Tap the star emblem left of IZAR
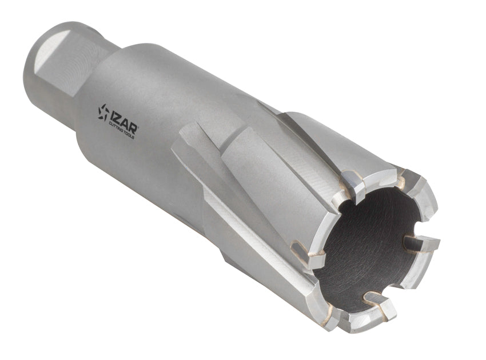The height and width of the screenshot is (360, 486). click(103, 112)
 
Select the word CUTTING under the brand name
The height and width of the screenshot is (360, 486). click(116, 127)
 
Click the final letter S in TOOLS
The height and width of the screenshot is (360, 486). click(133, 137)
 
